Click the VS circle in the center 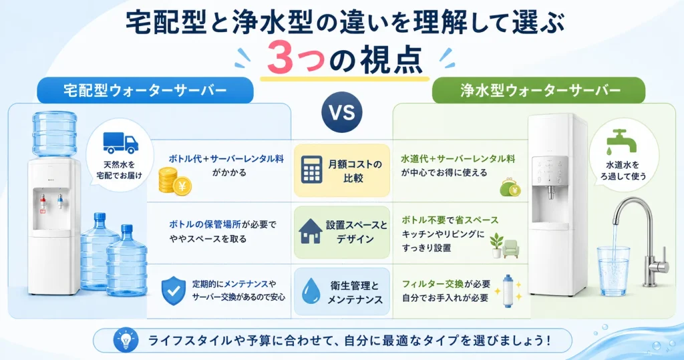341,112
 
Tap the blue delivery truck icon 120,143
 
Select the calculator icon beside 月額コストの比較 312,170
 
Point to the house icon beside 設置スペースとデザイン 311,231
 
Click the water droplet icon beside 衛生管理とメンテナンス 311,291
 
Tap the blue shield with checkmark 174,291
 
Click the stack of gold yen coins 174,181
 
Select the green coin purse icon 510,187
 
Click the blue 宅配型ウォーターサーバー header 145,90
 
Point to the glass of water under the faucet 613,271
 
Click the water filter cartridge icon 508,291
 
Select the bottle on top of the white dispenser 55,134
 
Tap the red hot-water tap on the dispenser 43,202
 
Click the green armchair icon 511,248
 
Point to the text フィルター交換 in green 433,284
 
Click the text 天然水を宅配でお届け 120,170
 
